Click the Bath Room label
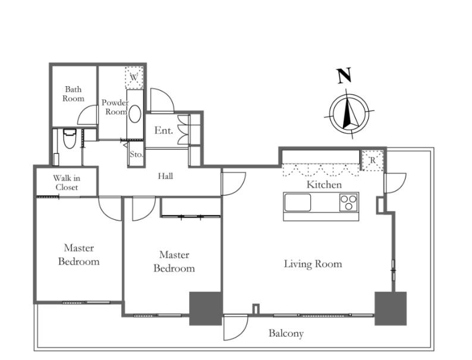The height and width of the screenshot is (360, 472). [x=74, y=94]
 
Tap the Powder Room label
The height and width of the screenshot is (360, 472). [x=115, y=107]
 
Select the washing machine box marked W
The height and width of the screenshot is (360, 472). [x=134, y=77]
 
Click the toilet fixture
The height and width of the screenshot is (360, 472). [x=69, y=139]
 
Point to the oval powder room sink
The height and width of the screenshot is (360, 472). [x=136, y=113]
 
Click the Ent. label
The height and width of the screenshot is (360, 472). [x=163, y=130]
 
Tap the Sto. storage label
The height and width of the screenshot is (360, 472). [x=136, y=154]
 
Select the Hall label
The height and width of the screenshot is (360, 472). [x=166, y=176]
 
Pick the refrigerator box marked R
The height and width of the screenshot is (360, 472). [x=373, y=160]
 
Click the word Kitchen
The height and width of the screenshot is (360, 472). [x=324, y=185]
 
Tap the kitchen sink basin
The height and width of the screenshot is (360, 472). [x=298, y=203]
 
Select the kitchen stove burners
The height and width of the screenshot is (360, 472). [x=349, y=203]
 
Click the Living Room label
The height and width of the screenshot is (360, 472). [x=313, y=264]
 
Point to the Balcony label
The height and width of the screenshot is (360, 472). [x=286, y=333]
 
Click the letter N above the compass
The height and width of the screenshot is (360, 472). [x=344, y=75]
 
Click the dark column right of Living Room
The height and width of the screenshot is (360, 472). [x=391, y=308]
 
